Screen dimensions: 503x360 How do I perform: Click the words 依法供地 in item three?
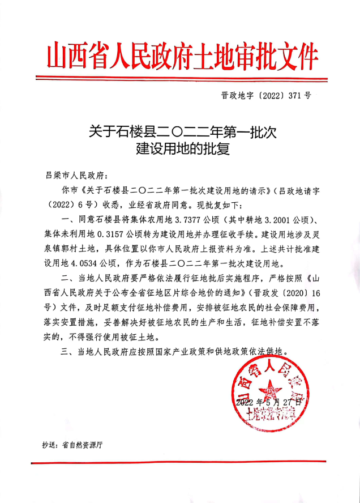coord(269,352)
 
